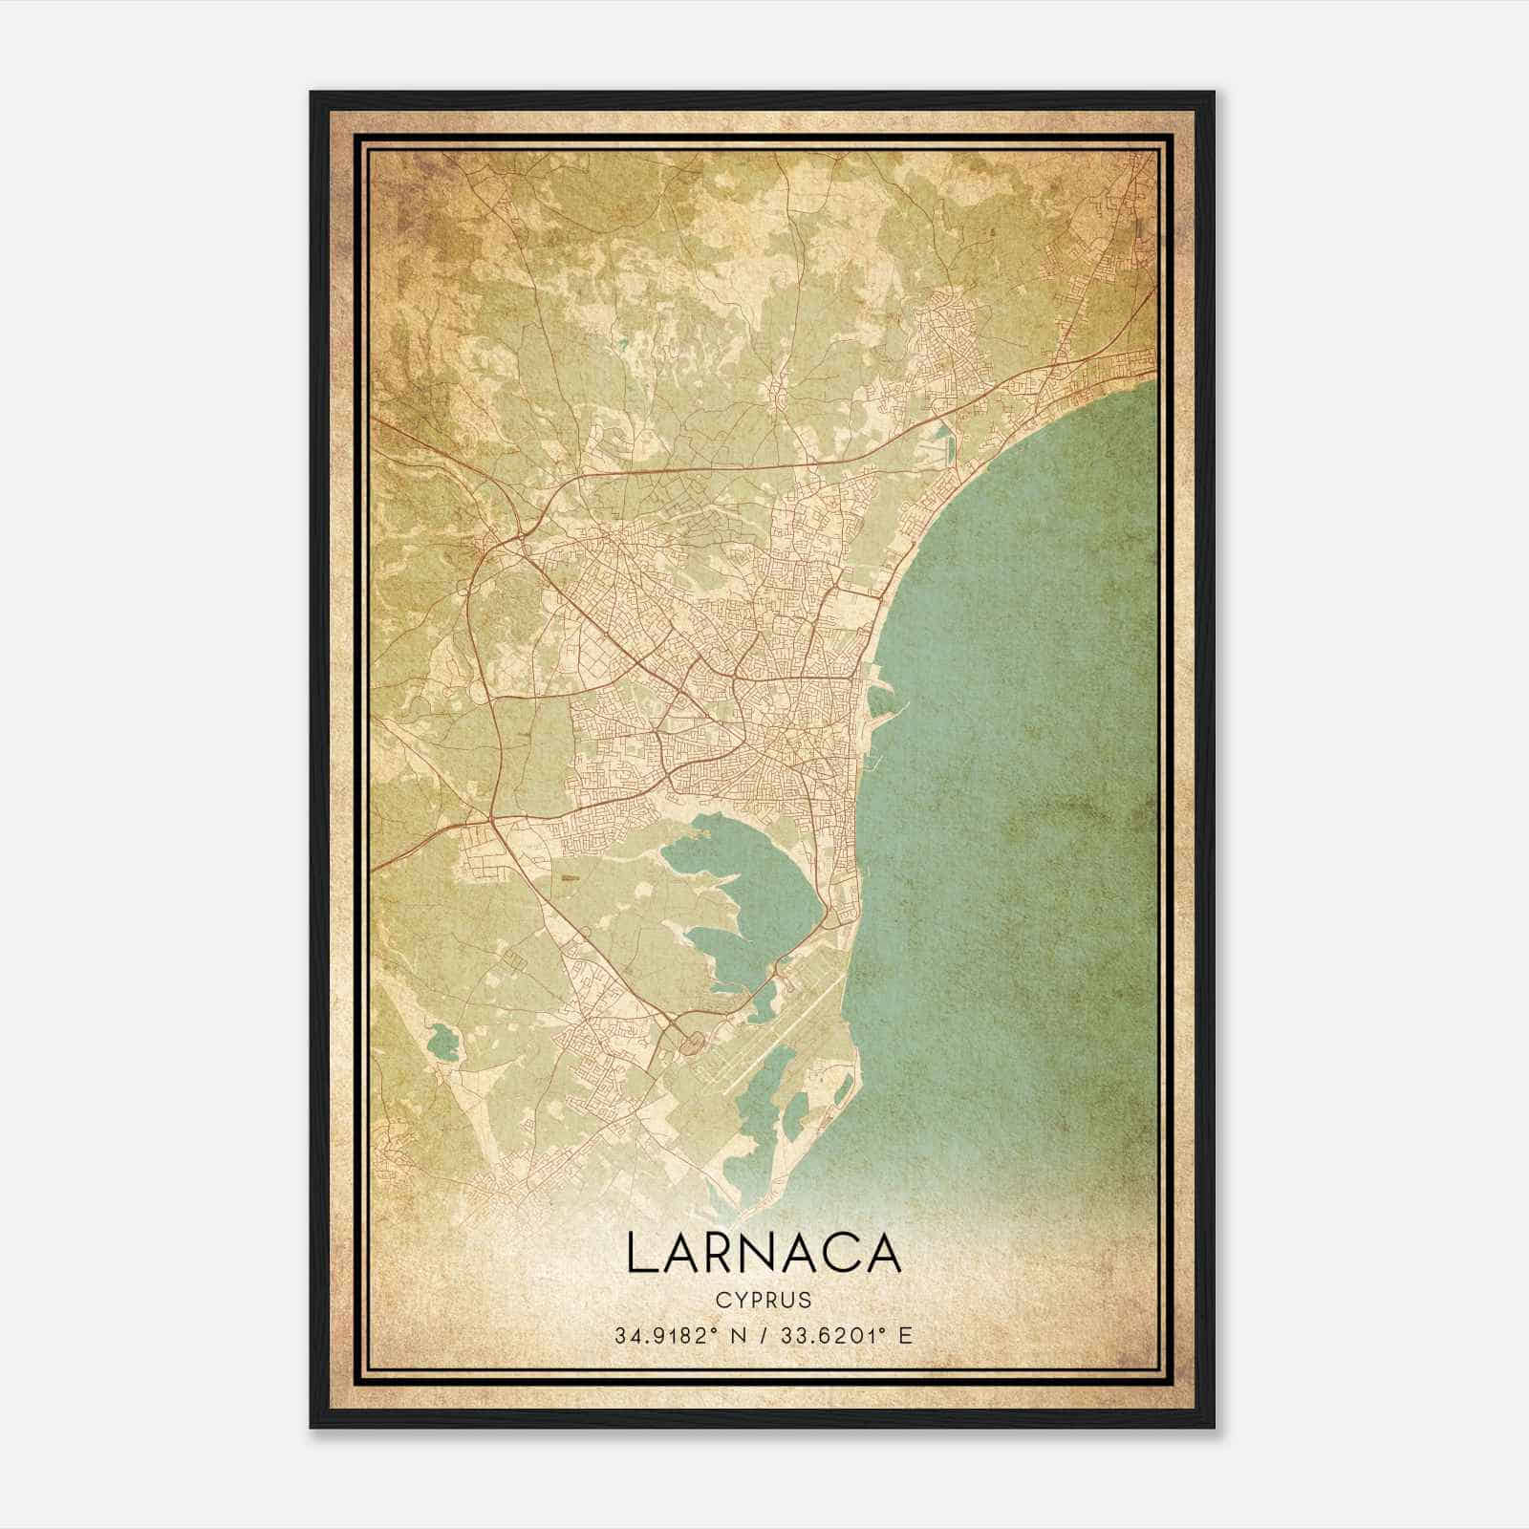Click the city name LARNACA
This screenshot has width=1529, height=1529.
(x=764, y=1252)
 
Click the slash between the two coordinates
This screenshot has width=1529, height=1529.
(x=763, y=1334)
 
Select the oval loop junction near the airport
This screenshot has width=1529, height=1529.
(x=690, y=1044)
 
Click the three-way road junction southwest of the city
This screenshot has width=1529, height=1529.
(x=490, y=820)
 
